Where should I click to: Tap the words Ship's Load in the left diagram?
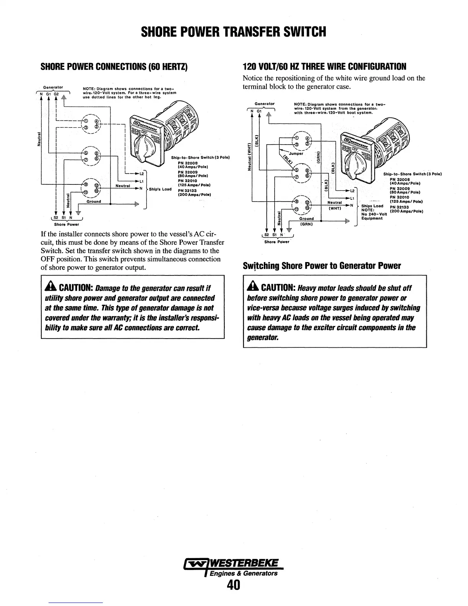pyautogui.click(x=160, y=189)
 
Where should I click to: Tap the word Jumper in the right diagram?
pyautogui.click(x=296, y=154)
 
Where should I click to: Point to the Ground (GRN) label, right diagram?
pyautogui.click(x=307, y=221)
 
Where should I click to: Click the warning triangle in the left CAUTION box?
pyautogui.click(x=50, y=288)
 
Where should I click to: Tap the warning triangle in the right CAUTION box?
pyautogui.click(x=253, y=288)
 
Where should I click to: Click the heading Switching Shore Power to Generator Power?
pyautogui.click(x=322, y=266)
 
